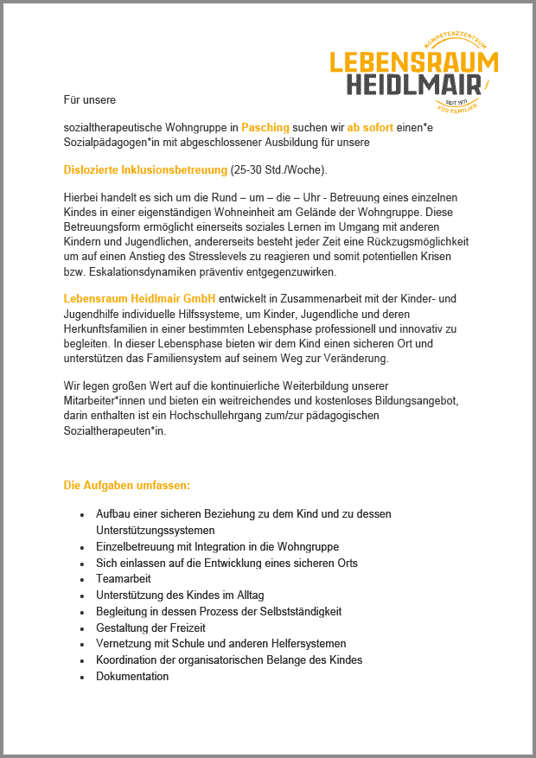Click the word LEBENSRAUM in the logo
point(414,62)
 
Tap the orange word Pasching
point(265,127)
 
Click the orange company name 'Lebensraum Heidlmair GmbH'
point(139,298)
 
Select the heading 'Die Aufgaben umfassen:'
point(127,485)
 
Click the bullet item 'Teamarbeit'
point(123,578)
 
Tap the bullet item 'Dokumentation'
point(132,676)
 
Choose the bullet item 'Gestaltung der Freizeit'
point(150,627)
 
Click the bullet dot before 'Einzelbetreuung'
point(81,547)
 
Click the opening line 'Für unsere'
point(90,99)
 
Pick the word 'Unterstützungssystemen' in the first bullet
point(156,530)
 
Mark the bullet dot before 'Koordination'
point(81,660)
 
